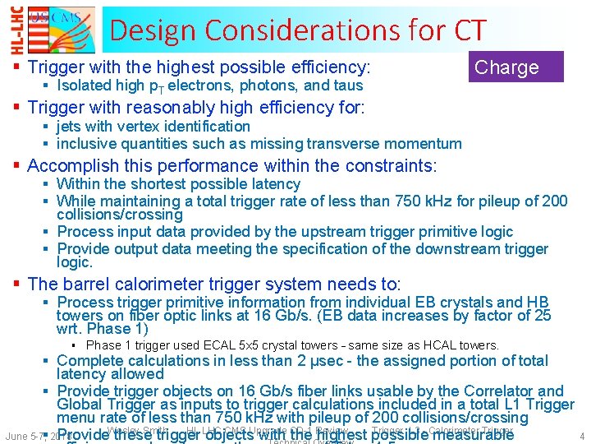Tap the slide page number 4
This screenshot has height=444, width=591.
[581, 437]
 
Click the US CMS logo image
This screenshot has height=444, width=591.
[58, 30]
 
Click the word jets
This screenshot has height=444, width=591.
[71, 127]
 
